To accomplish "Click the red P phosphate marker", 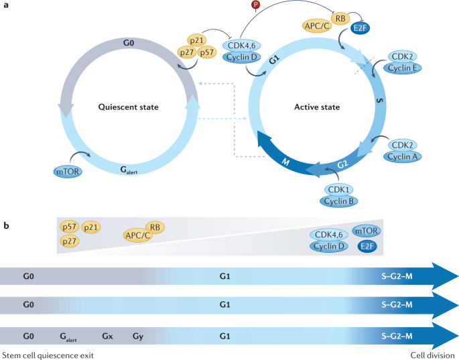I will tap(255, 5).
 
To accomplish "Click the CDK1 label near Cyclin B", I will tap(339, 190).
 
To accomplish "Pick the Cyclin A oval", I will tap(405, 156).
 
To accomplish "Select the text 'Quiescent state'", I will tap(128, 107).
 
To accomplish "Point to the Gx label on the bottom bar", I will tap(108, 335).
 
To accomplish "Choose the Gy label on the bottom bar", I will tap(137, 335).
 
